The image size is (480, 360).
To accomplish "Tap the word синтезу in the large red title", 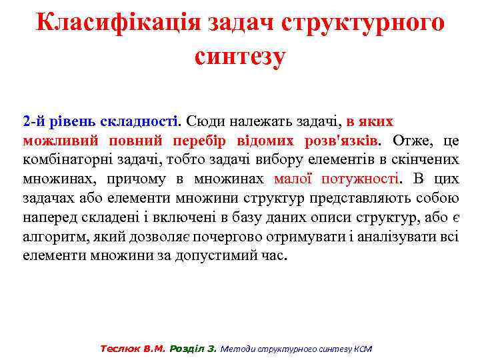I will click(240, 55).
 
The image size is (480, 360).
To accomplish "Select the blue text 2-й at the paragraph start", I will click(33, 122).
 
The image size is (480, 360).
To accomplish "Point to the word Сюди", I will click(205, 122).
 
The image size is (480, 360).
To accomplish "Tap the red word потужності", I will click(361, 179).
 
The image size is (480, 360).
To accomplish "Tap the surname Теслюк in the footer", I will click(119, 349).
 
